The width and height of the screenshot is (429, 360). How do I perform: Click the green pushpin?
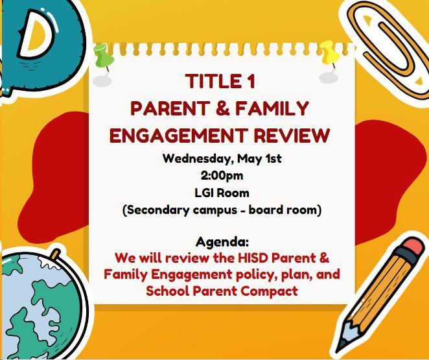[x=103, y=56]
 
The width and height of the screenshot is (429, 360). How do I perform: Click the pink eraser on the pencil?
[x=413, y=246]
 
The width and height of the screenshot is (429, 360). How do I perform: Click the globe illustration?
[x=41, y=304]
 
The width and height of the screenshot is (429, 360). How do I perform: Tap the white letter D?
[x=37, y=34]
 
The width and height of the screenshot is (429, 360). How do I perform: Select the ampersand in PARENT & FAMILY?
[x=222, y=108]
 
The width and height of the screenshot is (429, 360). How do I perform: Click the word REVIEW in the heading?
[x=292, y=135]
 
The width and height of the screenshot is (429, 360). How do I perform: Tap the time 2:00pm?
[x=222, y=176]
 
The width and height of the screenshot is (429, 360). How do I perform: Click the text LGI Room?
[x=222, y=193]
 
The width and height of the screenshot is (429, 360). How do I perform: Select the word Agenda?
[x=222, y=242]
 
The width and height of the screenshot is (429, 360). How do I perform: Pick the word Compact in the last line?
[x=269, y=291]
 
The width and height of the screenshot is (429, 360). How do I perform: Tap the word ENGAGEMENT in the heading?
[x=178, y=135]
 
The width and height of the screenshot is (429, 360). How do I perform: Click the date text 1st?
[x=273, y=159]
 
